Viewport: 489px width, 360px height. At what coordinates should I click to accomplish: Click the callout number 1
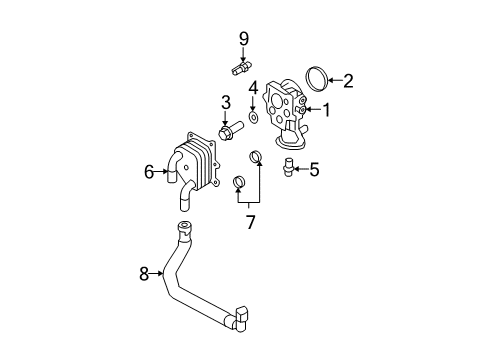326,110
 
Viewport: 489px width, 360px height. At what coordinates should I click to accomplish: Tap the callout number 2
348,81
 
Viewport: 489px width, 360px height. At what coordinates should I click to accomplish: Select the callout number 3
226,102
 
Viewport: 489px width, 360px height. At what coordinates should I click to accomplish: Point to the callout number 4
253,88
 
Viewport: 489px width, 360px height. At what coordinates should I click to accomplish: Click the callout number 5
314,169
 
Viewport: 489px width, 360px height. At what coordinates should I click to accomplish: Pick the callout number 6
149,172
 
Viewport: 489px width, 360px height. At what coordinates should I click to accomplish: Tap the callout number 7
250,222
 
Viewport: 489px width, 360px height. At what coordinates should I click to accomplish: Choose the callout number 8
144,274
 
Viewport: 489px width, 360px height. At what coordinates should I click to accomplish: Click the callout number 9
244,39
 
